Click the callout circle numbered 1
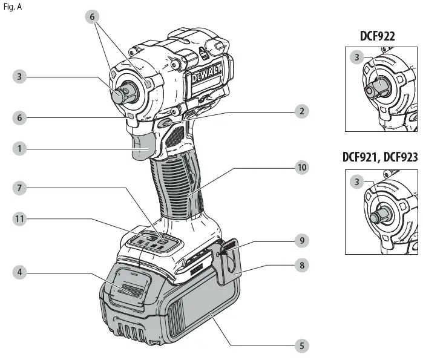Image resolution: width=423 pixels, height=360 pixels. pyautogui.click(x=21, y=148)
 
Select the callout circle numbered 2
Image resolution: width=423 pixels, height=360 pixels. pyautogui.click(x=301, y=111)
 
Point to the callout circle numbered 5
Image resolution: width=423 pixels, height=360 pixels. pyautogui.click(x=301, y=346)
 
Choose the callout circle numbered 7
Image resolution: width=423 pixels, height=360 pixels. pyautogui.click(x=21, y=188)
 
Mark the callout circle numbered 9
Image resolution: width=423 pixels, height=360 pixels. pyautogui.click(x=301, y=240)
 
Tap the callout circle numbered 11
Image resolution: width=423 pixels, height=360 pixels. pyautogui.click(x=21, y=219)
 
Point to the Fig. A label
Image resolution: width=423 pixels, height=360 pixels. pyautogui.click(x=12, y=7)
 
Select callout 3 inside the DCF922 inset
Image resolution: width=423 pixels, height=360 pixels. pyautogui.click(x=358, y=58)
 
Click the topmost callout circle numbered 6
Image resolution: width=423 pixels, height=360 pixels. pyautogui.click(x=93, y=17)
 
